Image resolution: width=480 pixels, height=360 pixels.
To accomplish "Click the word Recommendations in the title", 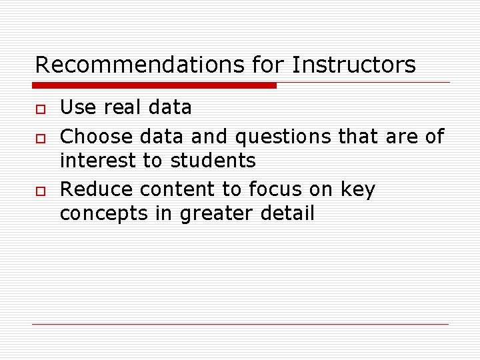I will point(141,65).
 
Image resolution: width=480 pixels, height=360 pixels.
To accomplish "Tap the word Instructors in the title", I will point(353,65).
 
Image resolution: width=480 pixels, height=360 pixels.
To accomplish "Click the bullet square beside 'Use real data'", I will point(41,109).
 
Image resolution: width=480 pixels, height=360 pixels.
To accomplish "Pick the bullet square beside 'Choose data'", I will point(41,138).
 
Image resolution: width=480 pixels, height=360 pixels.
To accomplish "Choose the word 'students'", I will point(213,161).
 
